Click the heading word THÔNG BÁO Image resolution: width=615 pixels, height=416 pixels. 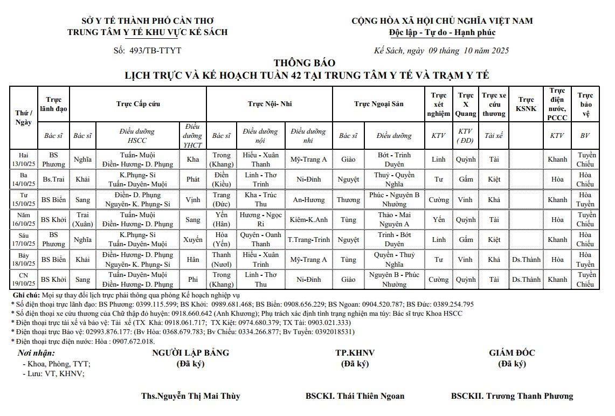click(304, 63)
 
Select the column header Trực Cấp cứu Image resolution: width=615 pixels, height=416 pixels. click(138, 103)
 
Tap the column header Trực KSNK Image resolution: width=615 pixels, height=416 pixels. click(526, 103)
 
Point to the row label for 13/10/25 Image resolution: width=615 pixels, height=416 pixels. click(24, 160)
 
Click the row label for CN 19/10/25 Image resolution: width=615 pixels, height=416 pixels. click(24, 279)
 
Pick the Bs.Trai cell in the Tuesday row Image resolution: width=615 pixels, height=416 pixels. click(53, 179)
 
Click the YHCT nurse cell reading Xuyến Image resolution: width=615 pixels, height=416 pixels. click(192, 239)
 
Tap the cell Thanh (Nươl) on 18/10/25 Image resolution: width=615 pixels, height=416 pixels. click(222, 259)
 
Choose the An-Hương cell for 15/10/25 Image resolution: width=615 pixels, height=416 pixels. click(308, 199)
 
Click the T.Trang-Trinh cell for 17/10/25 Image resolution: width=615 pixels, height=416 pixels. click(308, 239)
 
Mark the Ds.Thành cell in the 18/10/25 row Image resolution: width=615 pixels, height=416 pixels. click(526, 260)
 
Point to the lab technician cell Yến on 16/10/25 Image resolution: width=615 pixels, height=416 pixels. click(439, 219)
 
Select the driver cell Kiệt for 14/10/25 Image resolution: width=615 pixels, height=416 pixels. click(494, 179)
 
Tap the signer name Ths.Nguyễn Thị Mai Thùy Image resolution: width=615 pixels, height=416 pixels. click(191, 396)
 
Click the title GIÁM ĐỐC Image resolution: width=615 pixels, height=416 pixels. click(512, 353)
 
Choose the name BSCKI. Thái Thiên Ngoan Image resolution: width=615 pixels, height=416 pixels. click(355, 396)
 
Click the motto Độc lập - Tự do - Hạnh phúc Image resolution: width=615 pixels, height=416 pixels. click(442, 32)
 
